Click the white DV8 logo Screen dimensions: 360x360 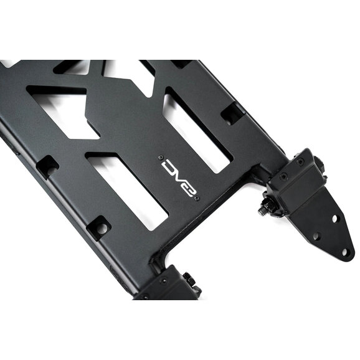coord(179,178)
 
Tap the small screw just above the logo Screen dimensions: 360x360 coord(161,158)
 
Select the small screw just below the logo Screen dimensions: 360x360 coord(197,198)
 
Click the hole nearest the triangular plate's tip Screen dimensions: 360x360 coord(344,252)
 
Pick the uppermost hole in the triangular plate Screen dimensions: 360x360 coord(334,219)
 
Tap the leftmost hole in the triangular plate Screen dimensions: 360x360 coord(316,236)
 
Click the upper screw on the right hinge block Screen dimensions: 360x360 coord(300,161)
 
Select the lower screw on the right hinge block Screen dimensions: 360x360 coord(284,176)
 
